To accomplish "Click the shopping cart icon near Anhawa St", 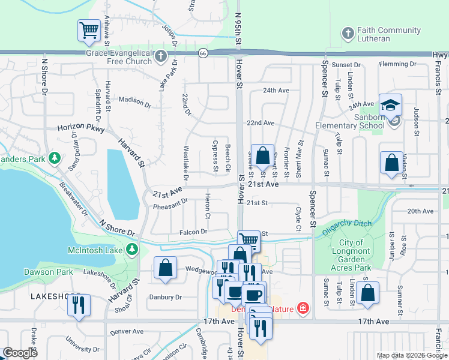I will click(89, 30).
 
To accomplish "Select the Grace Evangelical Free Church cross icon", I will click(160, 56).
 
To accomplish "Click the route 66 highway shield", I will click(204, 53).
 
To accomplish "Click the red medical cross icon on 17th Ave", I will click(303, 309).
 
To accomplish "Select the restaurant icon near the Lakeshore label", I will click(79, 305).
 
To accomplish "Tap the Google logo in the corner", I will click(20, 353).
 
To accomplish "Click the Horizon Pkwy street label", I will click(81, 128).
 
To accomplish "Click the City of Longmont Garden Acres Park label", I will click(359, 251).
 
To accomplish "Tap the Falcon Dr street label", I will click(193, 232).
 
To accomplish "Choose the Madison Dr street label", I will click(134, 101).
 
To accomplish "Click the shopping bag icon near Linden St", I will click(367, 293).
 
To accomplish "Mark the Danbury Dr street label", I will click(166, 297).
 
